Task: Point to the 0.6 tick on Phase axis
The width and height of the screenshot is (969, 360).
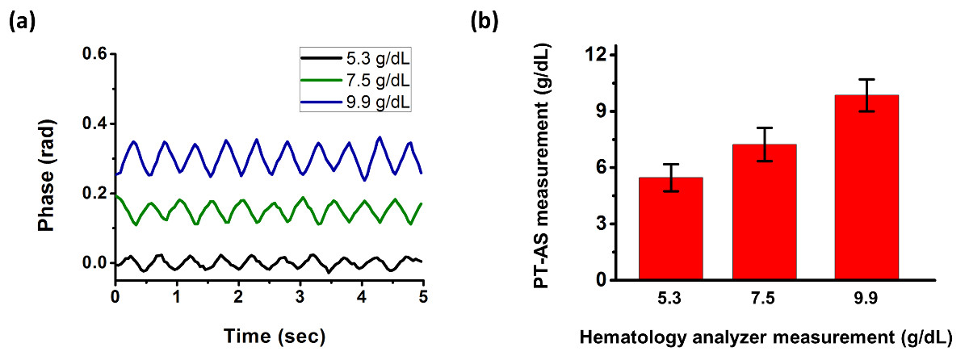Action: click(96, 54)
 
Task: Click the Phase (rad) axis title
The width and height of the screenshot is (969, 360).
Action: click(57, 165)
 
